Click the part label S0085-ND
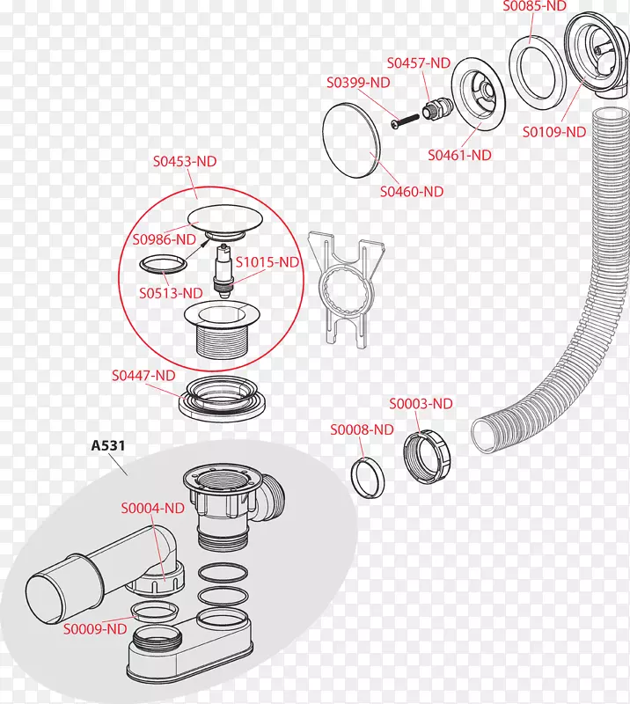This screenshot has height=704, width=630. pyautogui.click(x=534, y=6)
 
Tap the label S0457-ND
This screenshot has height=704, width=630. pyautogui.click(x=419, y=62)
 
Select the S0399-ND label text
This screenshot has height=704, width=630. pyautogui.click(x=358, y=83)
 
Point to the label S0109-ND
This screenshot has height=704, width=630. pyautogui.click(x=554, y=132)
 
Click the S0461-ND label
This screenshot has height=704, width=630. pyautogui.click(x=459, y=155)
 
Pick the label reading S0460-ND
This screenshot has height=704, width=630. pyautogui.click(x=412, y=190)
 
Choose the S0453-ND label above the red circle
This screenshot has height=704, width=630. pyautogui.click(x=185, y=161)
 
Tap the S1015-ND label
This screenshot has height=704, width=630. pyautogui.click(x=269, y=262)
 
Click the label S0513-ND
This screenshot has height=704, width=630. pyautogui.click(x=172, y=292)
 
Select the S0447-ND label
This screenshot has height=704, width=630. pyautogui.click(x=144, y=375)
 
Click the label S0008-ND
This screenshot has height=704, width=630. pyautogui.click(x=362, y=429)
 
